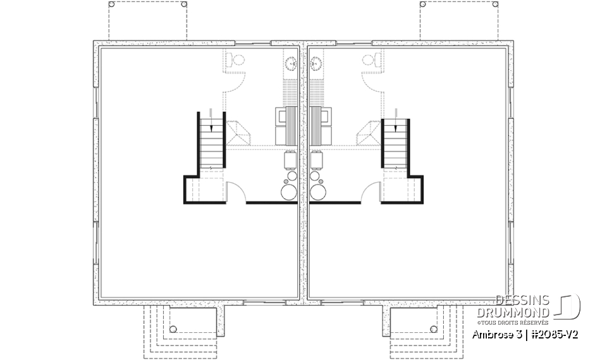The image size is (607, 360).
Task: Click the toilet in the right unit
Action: (369, 61)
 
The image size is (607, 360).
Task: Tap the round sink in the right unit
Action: (317, 63)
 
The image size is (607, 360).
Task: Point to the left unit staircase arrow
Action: (211, 128)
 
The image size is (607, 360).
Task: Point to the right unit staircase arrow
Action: (396, 128)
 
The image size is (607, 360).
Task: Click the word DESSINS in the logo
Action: (523, 301)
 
